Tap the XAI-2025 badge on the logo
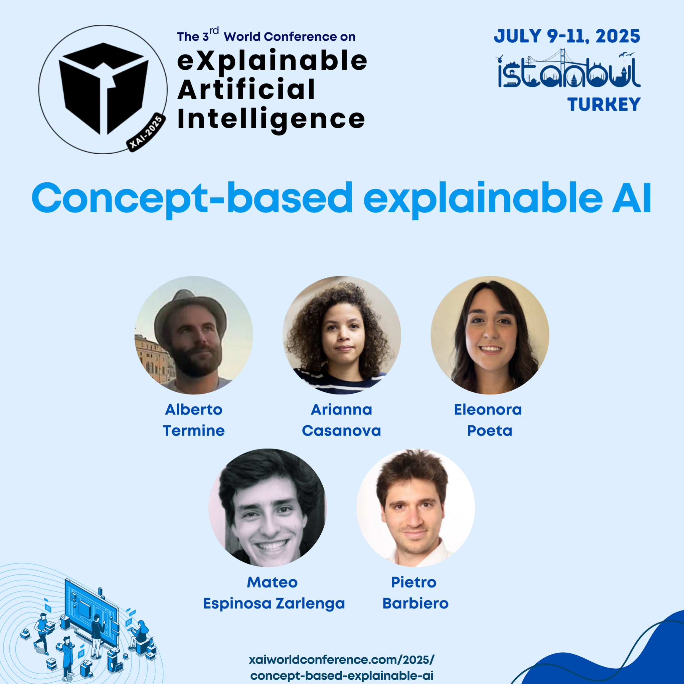(x=146, y=133)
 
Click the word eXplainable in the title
(x=272, y=61)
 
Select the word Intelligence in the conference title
(x=271, y=119)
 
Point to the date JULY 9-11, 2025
(x=567, y=36)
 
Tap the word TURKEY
(x=604, y=105)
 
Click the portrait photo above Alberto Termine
(x=194, y=335)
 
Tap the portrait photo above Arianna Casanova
(x=342, y=335)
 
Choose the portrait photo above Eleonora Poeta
(x=490, y=335)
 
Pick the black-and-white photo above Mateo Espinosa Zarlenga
(x=268, y=508)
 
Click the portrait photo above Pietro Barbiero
(x=415, y=508)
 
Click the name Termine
(x=194, y=431)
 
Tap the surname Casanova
(x=341, y=431)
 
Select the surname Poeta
(x=490, y=431)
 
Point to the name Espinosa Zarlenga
(x=274, y=604)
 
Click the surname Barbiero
(x=415, y=604)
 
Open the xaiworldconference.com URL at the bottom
(x=342, y=667)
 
